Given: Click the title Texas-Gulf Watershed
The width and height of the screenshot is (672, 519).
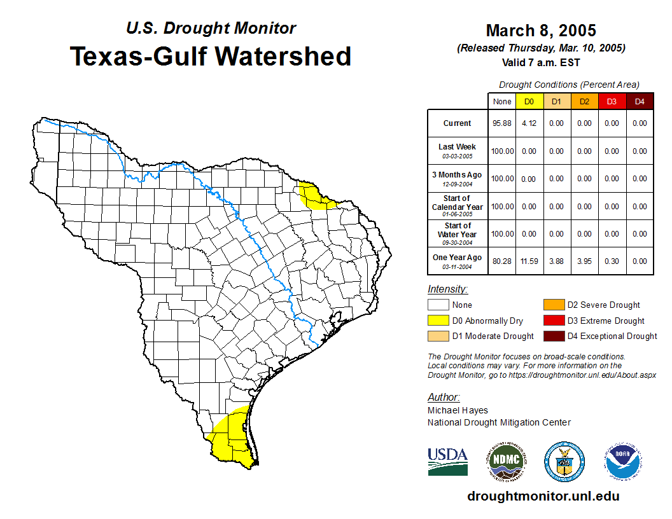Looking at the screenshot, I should pos(210,56).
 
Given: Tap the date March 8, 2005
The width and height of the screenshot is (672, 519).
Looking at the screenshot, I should pos(540,31).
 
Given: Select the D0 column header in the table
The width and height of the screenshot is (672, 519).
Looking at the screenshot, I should pos(529,101).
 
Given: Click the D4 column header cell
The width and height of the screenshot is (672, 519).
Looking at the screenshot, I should pos(640,101).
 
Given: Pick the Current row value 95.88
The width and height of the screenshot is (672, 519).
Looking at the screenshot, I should pos(502,123).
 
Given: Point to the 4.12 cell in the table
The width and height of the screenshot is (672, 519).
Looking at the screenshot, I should pos(529,123).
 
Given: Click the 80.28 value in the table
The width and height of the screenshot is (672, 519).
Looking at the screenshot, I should pos(502,261).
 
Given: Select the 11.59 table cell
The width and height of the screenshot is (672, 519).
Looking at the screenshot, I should pos(529,261).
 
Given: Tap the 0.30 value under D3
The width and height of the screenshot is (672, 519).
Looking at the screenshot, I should pos(612,261).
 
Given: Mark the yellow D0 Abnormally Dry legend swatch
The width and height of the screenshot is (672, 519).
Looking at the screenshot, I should pos(438,321).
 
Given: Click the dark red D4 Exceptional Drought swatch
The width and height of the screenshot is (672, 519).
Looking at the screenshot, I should pos(554,336).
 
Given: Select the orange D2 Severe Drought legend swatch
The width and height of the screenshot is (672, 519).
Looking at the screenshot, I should pos(554,305).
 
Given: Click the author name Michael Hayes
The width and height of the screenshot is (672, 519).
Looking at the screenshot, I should pos(458,410).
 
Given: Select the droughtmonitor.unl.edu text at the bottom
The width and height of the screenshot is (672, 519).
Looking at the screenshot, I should pos(543,496).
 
